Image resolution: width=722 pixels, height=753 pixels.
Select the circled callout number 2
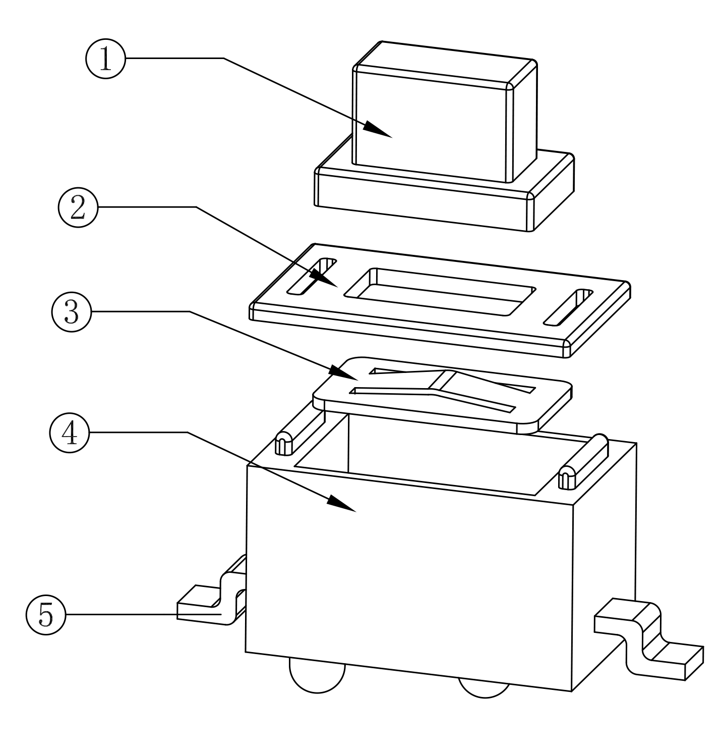78,207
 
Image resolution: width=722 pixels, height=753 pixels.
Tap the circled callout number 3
71,312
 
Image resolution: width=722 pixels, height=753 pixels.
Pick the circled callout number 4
70,433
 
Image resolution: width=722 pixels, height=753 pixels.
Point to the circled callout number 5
45,614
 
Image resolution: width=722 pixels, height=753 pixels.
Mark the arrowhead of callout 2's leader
323,278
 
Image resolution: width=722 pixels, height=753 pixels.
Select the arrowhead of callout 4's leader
342,504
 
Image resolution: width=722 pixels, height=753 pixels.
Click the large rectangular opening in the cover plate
440,292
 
